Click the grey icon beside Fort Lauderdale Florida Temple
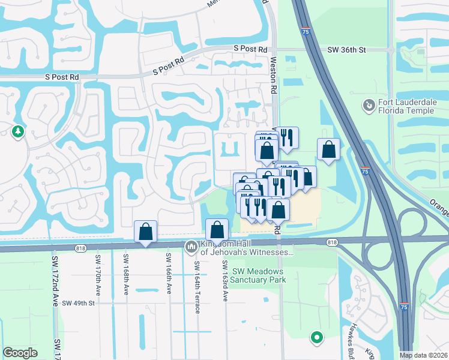point(369,107)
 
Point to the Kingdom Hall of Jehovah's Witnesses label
point(243,248)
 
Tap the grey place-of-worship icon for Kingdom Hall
point(191,246)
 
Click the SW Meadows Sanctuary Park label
point(249,275)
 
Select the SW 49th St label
point(79,303)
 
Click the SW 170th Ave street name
point(97,275)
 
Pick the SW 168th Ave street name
point(126,275)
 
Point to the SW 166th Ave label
point(168,275)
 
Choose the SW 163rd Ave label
point(224,281)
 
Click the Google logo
point(20,353)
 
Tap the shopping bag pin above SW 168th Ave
point(145,231)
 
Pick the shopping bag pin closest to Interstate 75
point(328,149)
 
